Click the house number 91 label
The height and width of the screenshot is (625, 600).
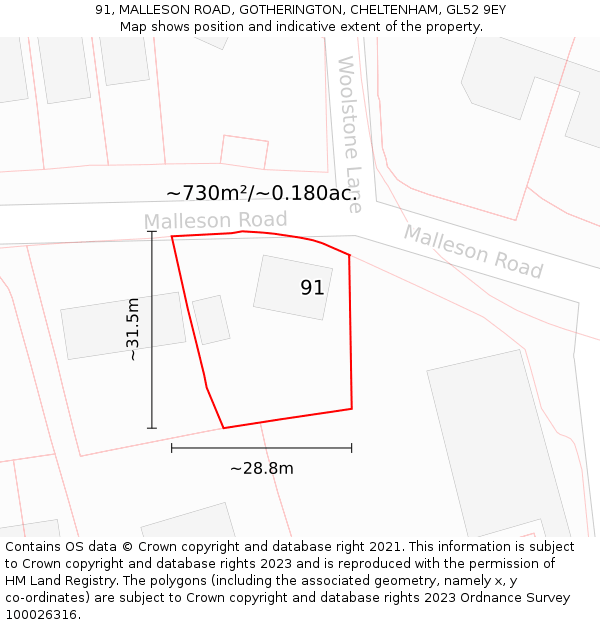(312, 288)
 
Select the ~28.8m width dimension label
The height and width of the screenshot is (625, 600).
(262, 468)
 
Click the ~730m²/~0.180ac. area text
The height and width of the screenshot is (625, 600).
(262, 193)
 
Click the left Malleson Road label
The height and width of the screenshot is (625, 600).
(215, 220)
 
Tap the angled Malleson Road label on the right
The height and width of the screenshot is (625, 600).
(473, 251)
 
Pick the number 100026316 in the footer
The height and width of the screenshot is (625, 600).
(41, 614)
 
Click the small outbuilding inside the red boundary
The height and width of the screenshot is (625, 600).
(211, 320)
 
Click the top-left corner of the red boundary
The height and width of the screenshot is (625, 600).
(172, 237)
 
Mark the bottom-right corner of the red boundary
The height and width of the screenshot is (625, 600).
(351, 408)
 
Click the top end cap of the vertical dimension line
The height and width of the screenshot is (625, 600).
(152, 232)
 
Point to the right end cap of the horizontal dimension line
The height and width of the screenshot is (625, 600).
(351, 448)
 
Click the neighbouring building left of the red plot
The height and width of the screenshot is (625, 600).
(124, 325)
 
